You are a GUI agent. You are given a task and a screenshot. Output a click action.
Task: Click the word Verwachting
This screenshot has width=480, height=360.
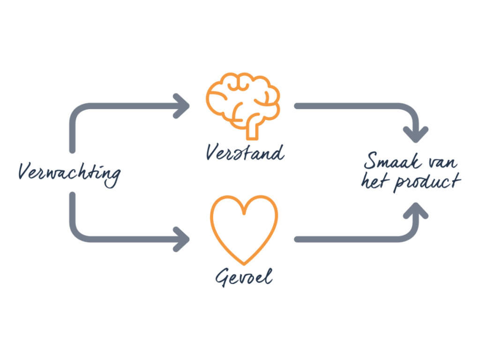click(x=69, y=172)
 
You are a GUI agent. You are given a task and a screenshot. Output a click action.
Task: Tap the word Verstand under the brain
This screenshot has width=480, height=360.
click(x=245, y=153)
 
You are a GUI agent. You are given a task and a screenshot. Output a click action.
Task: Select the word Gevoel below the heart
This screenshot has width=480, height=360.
click(x=244, y=277)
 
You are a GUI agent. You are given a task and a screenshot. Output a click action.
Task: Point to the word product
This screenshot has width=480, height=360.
click(x=424, y=182)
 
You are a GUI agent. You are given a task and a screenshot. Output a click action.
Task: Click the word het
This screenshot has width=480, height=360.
click(x=375, y=181)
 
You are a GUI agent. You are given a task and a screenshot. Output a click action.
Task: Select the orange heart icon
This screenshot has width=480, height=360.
click(x=244, y=230)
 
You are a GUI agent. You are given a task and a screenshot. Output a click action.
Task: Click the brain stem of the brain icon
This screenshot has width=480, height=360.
click(x=253, y=128)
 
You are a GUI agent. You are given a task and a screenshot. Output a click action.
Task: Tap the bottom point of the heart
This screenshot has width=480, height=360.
click(x=244, y=262)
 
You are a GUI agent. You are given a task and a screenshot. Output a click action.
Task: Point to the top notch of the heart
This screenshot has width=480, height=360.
click(x=244, y=213)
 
